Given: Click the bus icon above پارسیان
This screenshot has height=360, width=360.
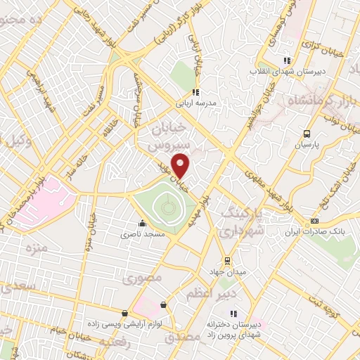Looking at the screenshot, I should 307,134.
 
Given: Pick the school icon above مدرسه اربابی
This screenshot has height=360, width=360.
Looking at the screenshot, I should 196,91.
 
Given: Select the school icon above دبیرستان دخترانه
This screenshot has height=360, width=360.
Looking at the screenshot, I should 234,314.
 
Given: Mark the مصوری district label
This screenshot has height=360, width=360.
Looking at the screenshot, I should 142,278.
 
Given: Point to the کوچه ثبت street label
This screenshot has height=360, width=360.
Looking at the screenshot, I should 343,305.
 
